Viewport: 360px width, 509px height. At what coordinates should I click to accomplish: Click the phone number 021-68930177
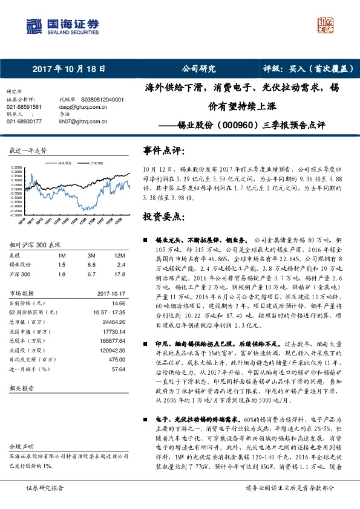[24, 121]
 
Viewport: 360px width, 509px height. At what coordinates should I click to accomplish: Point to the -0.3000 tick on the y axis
[16, 214]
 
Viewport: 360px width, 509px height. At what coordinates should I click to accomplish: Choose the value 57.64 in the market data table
[118, 368]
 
